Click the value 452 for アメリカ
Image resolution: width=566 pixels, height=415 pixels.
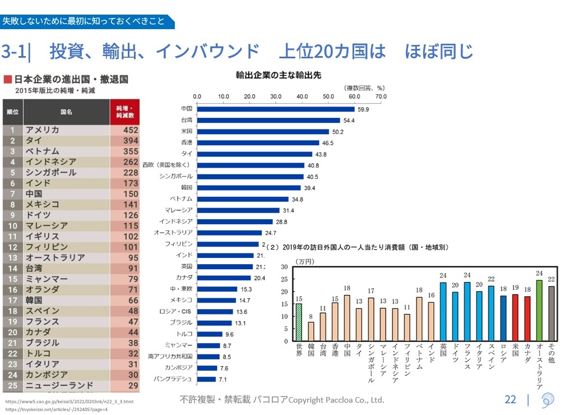(x=127, y=130)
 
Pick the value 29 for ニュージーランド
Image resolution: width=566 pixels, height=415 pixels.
(x=133, y=386)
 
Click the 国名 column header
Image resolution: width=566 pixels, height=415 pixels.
(x=66, y=112)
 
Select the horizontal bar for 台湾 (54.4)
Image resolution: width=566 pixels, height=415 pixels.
(x=268, y=120)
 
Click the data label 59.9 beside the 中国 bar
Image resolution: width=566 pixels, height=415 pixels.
(x=363, y=109)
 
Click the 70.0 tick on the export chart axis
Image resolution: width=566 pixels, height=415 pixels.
(x=381, y=96)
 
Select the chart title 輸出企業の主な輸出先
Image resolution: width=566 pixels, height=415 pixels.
(x=278, y=75)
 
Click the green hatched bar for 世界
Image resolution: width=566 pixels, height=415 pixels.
(x=299, y=322)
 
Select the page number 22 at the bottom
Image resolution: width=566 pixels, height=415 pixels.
(x=510, y=400)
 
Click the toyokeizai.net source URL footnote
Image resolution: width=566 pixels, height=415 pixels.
(x=56, y=409)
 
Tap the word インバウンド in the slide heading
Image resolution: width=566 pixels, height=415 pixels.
(x=207, y=52)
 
